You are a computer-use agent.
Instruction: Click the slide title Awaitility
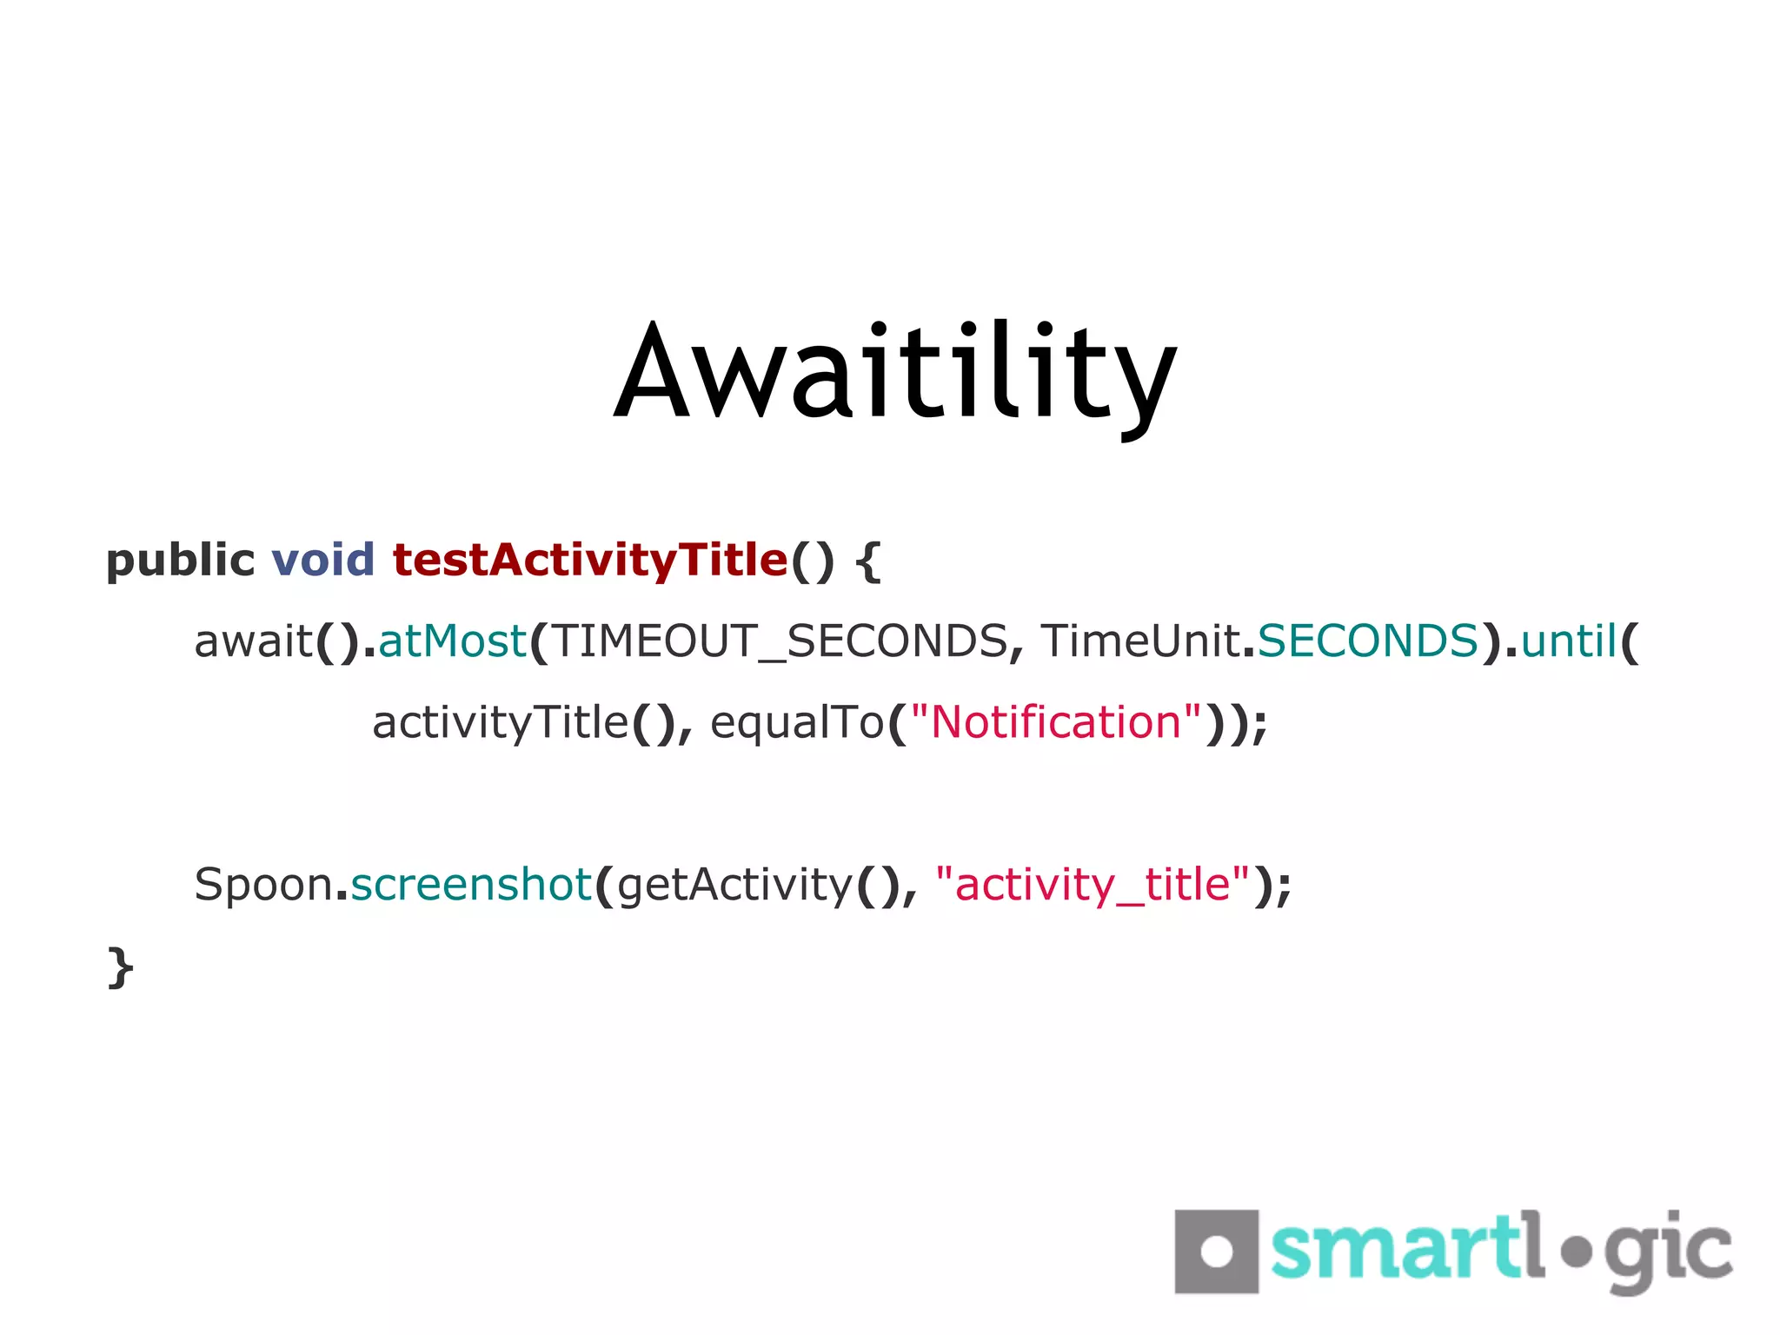895,374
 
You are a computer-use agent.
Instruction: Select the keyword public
180,561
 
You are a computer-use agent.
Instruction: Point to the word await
253,641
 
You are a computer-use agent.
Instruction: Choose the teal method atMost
453,641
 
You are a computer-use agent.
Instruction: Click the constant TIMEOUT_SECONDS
779,641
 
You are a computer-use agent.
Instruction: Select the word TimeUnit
1140,641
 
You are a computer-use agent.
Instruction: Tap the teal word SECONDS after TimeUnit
1368,641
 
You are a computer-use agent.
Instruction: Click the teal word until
1569,641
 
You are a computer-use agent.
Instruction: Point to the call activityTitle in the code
500,723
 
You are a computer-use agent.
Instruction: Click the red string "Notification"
1056,723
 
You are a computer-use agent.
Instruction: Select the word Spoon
263,886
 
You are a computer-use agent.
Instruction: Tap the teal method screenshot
471,885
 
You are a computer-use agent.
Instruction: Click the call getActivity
735,886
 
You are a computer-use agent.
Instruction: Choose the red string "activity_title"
1093,886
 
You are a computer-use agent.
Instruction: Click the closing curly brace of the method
120,967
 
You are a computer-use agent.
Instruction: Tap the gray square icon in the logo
1216,1252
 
